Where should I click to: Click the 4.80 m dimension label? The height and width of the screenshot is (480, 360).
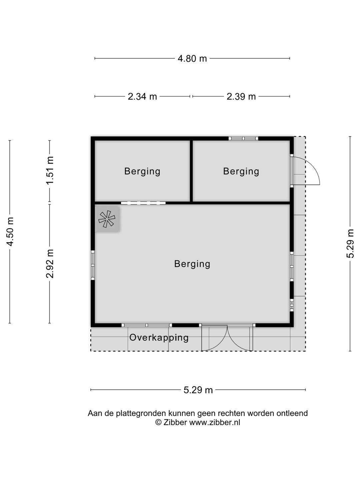coord(192,59)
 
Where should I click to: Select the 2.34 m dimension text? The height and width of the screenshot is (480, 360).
coord(142,96)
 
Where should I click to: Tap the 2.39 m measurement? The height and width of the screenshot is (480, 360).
coord(241,96)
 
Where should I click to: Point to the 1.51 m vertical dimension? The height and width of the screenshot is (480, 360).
coord(50,171)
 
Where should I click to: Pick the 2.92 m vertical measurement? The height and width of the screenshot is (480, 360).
coord(50,264)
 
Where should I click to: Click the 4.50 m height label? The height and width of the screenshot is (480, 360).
coord(10,232)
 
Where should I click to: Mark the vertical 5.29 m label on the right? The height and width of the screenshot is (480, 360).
coord(350,244)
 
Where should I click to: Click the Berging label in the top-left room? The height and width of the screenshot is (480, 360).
coord(142,171)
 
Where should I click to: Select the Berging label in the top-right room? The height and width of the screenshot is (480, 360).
coord(241,171)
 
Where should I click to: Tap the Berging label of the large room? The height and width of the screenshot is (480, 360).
coord(192,264)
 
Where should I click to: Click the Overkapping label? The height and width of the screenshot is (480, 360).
coord(159,338)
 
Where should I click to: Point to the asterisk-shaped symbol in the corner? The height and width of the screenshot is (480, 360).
coord(107,219)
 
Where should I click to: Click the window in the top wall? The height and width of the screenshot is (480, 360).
coord(243,138)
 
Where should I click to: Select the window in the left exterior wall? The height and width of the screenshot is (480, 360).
coord(93,265)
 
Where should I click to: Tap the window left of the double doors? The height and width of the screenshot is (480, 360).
coord(147,325)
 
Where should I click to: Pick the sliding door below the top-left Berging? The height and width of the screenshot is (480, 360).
coord(143,203)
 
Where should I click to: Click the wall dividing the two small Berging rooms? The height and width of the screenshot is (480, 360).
coord(191,171)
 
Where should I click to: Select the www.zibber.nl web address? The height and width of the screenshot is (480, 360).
coord(215,422)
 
